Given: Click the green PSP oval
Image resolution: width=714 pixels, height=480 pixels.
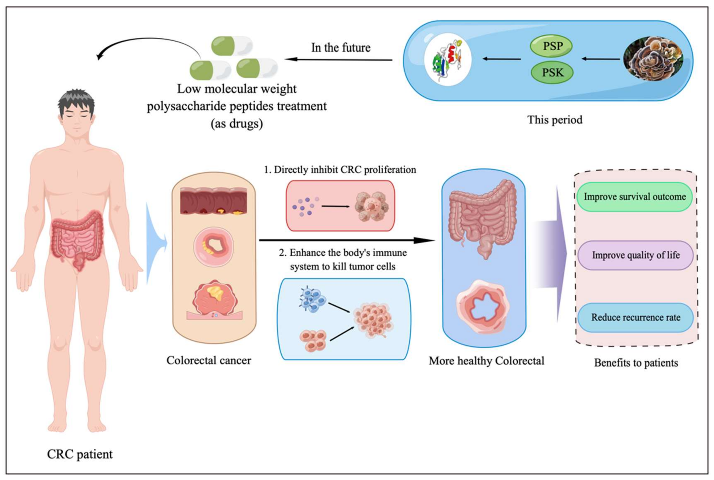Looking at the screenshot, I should coord(551,46).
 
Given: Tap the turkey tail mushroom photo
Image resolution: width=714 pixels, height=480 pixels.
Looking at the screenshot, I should coord(653,59).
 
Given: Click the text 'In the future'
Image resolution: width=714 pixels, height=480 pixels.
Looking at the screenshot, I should coord(341,48).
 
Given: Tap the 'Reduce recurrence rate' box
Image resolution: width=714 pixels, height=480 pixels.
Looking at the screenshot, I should coord(635,317).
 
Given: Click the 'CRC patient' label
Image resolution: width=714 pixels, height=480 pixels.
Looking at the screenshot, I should coord(80,454).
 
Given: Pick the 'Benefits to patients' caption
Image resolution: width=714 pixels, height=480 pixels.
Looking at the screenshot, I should coord(636,363).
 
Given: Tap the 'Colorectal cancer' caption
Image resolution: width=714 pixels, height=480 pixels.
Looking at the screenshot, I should coord(209,360).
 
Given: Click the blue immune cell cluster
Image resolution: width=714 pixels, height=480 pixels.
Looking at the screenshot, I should coord(312,300).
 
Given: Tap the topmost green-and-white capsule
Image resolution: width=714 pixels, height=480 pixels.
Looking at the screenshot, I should coord(232,46).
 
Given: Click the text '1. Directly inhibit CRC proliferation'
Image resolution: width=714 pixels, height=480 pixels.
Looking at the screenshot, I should coord(340,169).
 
